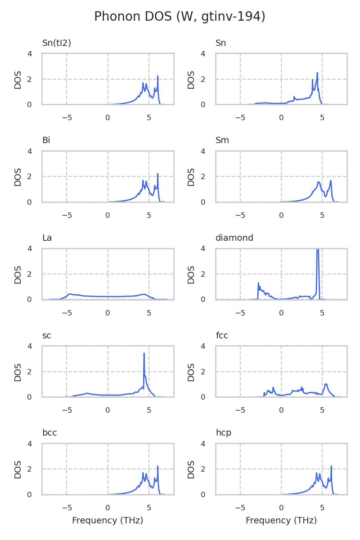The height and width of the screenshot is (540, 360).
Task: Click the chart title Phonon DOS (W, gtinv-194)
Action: coord(180,17)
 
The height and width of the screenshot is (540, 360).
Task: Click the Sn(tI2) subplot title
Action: coord(57,43)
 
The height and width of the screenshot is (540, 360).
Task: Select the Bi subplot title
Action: coord(46,140)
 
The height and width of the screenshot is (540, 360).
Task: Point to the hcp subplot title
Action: coord(224,433)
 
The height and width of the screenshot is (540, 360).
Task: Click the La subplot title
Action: coord(47,238)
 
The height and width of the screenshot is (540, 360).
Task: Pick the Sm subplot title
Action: coord(222,140)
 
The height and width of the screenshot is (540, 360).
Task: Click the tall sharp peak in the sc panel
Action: coord(144,354)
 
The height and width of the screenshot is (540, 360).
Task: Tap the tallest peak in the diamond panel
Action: coord(318,250)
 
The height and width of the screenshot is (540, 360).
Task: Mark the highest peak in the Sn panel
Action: coord(317,73)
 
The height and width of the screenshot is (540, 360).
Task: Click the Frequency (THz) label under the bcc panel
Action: coord(108,521)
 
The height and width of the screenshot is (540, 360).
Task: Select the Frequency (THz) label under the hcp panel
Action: coord(281,521)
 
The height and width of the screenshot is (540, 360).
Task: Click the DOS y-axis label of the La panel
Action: coord(18,274)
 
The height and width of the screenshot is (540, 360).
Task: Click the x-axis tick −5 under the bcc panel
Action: coord(67,508)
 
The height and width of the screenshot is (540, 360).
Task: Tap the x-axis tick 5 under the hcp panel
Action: coord(322,508)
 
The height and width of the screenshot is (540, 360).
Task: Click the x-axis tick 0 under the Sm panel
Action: coord(281,216)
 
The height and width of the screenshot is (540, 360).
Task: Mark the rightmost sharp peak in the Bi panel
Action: coord(158,174)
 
